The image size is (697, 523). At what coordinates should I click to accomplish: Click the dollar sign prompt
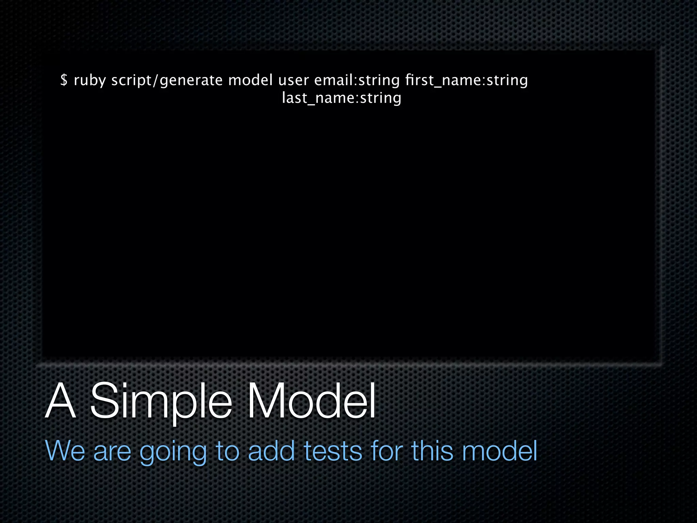pyautogui.click(x=64, y=80)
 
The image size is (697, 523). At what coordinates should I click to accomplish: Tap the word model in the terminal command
pyautogui.click(x=250, y=80)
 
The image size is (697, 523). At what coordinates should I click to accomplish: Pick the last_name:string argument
pyautogui.click(x=342, y=98)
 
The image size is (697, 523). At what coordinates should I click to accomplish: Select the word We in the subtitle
pyautogui.click(x=65, y=451)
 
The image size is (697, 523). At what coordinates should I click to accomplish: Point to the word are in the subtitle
pyautogui.click(x=112, y=451)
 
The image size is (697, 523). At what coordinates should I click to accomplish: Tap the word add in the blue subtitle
pyautogui.click(x=271, y=451)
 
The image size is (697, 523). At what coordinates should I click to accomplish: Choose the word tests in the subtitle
pyautogui.click(x=333, y=451)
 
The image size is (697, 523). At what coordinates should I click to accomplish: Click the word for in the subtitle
pyautogui.click(x=387, y=451)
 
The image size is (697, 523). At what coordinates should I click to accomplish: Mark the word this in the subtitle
pyautogui.click(x=432, y=451)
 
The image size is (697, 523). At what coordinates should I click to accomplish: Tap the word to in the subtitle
pyautogui.click(x=228, y=451)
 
